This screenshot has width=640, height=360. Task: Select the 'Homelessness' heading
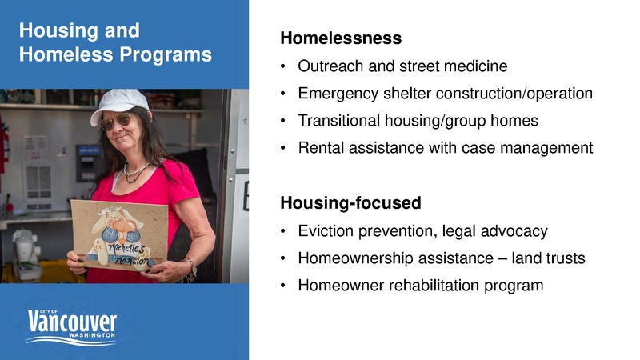(x=340, y=38)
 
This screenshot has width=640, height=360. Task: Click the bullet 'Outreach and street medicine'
(x=402, y=66)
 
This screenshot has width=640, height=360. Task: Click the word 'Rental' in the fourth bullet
(x=318, y=148)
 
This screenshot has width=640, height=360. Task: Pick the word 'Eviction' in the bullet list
(x=325, y=231)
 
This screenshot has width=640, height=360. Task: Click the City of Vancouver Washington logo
(x=72, y=325)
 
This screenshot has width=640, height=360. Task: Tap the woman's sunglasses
(x=118, y=122)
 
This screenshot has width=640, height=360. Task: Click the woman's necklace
(x=136, y=170)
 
